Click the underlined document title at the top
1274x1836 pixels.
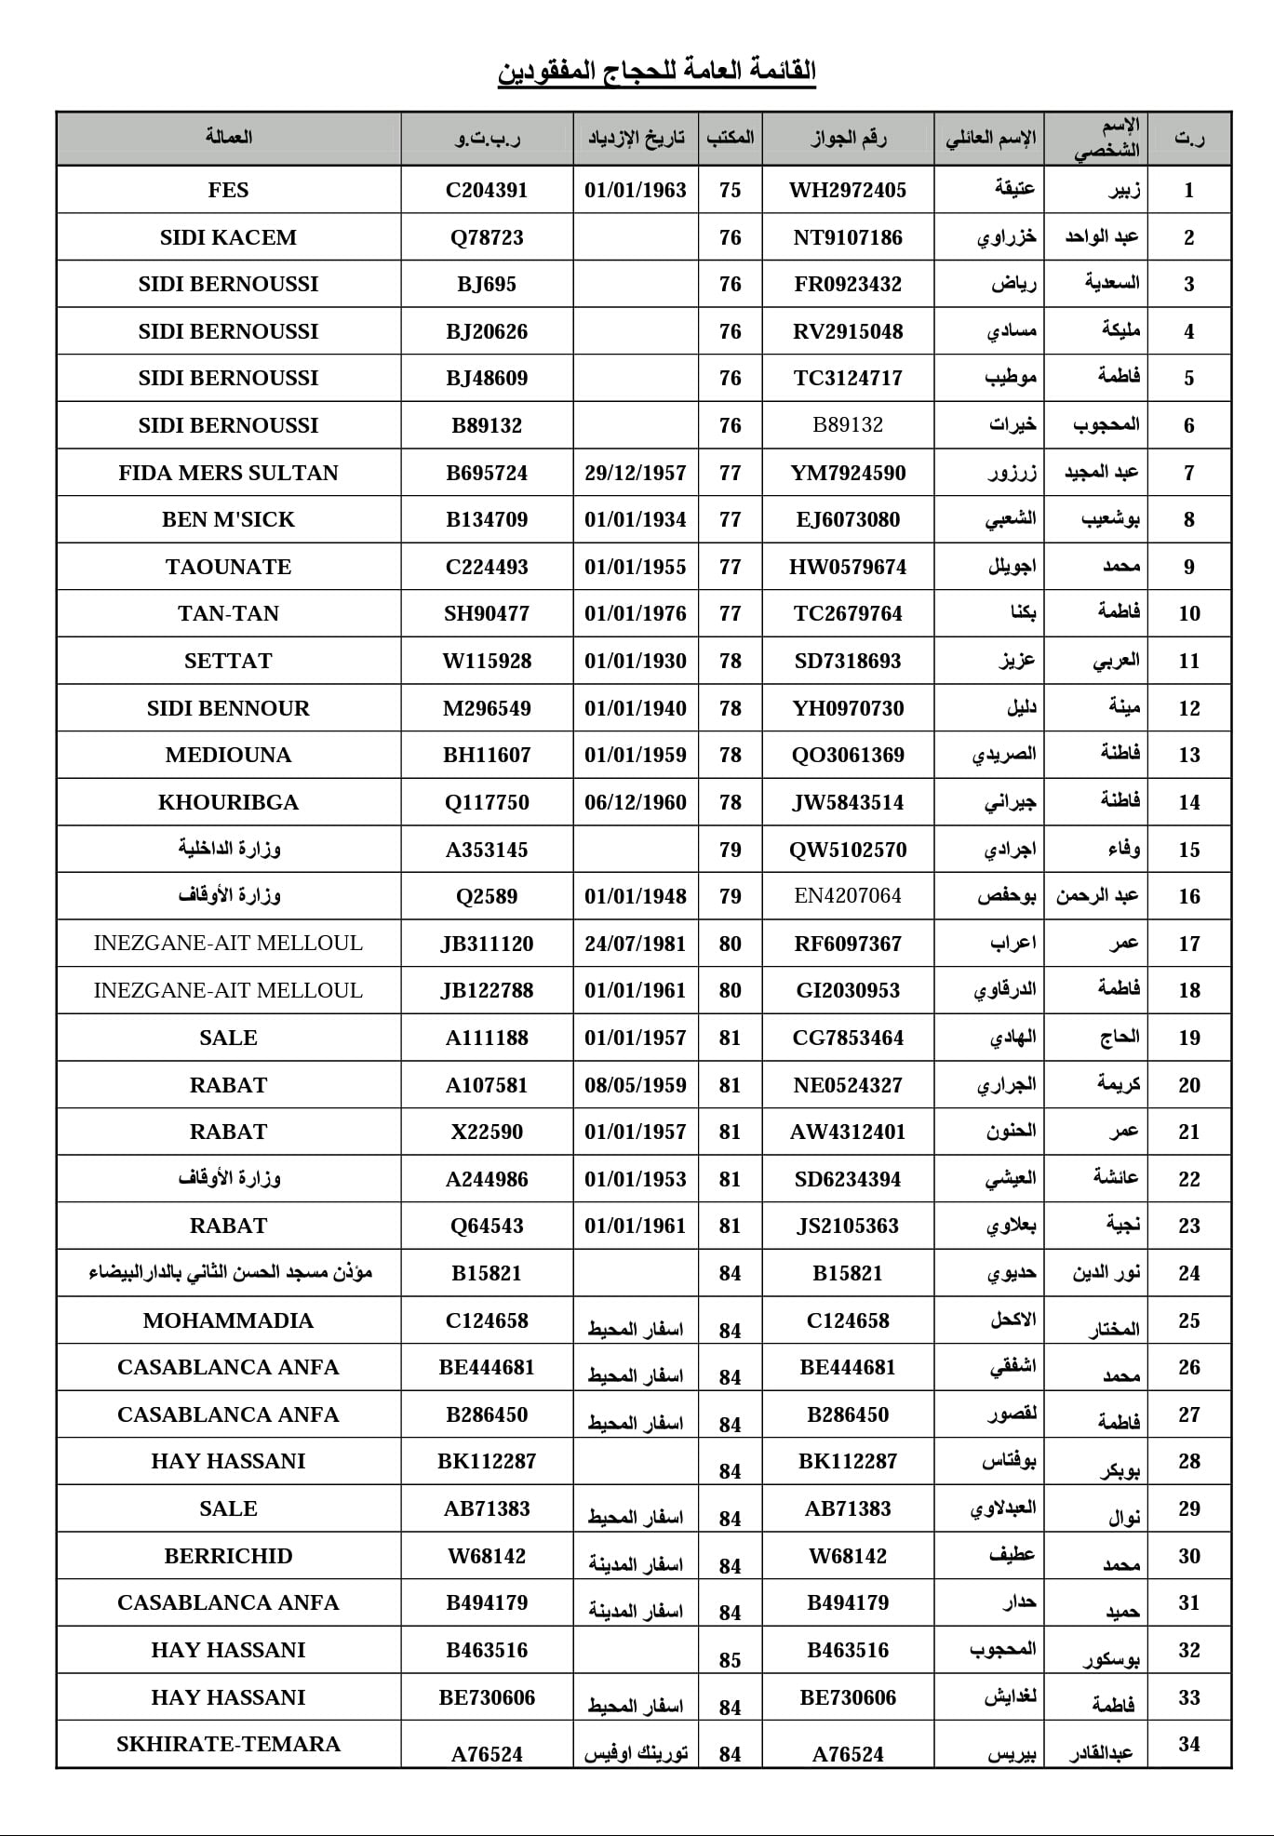point(656,71)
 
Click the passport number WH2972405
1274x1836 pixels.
point(847,190)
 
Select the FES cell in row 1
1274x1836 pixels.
point(228,190)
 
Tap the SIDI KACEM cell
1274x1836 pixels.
point(228,237)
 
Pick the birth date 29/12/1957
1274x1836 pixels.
point(635,473)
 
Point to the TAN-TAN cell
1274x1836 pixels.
point(228,613)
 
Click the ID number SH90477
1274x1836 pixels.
point(487,613)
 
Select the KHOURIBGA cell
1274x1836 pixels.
point(228,802)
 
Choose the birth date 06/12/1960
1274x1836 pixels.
point(635,802)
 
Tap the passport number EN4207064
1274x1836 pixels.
point(847,896)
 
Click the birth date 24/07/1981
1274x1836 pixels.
point(635,944)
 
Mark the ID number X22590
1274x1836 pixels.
point(487,1132)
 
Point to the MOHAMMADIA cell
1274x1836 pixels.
point(228,1320)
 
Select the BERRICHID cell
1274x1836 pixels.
point(228,1556)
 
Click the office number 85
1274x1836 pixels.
point(730,1659)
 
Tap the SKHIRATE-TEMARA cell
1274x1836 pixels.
point(228,1744)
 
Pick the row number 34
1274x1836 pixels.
point(1188,1744)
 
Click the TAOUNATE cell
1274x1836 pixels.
point(228,567)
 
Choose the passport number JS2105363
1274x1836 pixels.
point(847,1226)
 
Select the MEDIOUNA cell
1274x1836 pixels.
point(228,755)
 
